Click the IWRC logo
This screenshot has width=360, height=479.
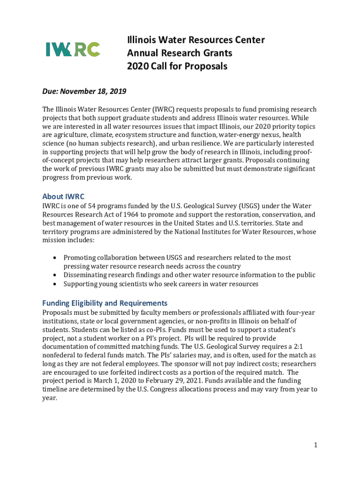click(72, 49)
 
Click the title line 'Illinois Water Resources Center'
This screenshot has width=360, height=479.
click(196, 40)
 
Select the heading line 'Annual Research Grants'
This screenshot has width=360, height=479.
click(180, 53)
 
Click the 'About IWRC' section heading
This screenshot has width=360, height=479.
click(63, 196)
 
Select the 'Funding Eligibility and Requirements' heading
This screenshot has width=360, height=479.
click(105, 303)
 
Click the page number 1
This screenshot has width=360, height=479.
click(316, 445)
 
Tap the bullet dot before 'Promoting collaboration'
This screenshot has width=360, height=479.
click(56, 258)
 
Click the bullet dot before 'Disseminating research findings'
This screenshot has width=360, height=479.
click(56, 276)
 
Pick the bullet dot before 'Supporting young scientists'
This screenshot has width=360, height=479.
click(56, 284)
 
